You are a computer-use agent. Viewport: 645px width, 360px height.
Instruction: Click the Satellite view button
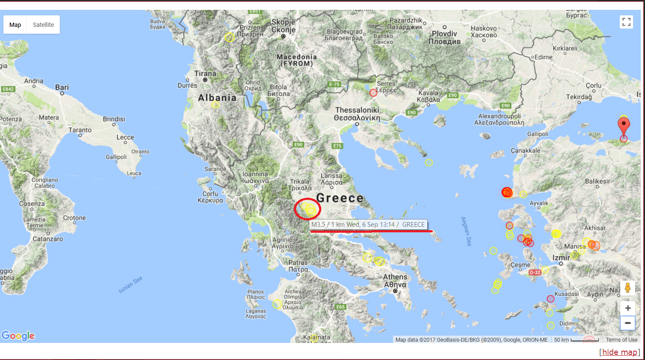[43, 25]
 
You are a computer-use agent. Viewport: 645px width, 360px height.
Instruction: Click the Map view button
[15, 25]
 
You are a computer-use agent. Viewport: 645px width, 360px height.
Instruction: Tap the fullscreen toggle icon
[626, 22]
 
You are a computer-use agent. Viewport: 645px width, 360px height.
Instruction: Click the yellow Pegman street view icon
[627, 287]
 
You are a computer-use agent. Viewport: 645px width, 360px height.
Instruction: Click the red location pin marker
[624, 126]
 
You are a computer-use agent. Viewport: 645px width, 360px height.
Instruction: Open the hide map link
[619, 352]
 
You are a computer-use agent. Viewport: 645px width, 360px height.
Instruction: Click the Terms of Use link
[621, 340]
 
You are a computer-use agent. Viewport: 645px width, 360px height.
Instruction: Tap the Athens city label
[395, 277]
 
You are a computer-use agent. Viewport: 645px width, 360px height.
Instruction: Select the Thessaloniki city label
[357, 110]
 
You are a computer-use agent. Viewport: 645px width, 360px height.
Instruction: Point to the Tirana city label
[205, 73]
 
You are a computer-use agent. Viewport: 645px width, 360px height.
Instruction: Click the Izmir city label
[561, 258]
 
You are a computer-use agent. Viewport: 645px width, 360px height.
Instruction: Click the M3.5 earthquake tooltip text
[368, 225]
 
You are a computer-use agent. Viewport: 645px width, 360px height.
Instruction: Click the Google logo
[18, 336]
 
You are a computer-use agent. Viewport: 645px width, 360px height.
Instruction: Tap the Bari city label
[62, 87]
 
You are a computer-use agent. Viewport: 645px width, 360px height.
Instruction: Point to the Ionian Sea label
[130, 285]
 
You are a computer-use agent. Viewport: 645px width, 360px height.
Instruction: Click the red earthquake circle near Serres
[373, 93]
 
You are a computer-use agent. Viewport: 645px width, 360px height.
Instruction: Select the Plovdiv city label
[444, 34]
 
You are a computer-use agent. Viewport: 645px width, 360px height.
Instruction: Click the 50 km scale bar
[577, 340]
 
